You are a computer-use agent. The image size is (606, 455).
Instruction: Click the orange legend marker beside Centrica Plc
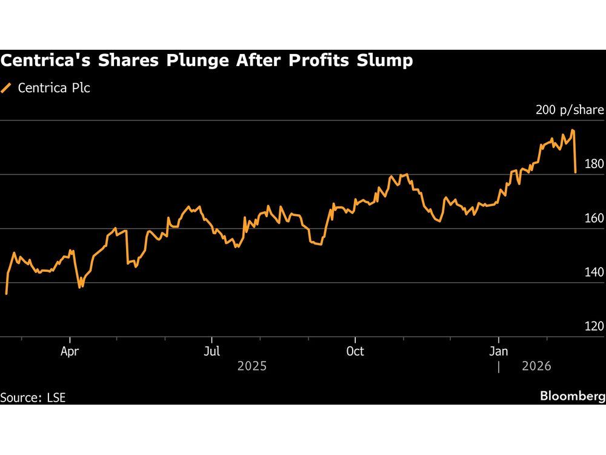click(7, 88)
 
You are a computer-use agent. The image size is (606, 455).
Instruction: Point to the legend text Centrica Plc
click(54, 88)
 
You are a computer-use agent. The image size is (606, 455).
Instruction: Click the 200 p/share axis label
click(570, 110)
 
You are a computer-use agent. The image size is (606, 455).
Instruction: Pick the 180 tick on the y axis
click(594, 164)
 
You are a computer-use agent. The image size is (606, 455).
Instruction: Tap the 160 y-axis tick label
click(594, 218)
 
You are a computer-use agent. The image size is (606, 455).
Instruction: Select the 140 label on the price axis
click(594, 272)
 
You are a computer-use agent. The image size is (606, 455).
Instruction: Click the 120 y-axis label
click(594, 326)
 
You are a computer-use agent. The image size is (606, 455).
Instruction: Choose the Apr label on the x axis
click(70, 351)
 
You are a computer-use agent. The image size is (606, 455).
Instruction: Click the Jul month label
click(211, 351)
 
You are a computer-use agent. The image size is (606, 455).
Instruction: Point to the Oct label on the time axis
click(355, 351)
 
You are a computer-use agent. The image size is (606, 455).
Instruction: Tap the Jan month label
click(499, 351)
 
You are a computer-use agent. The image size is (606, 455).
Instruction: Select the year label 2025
click(251, 366)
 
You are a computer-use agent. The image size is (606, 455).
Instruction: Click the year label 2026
click(536, 366)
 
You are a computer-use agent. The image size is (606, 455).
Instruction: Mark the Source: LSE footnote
click(33, 398)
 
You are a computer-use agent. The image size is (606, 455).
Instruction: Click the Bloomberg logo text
click(573, 396)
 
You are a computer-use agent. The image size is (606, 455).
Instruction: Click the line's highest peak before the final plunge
click(573, 130)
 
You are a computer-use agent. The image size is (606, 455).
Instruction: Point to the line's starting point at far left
click(6, 294)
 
